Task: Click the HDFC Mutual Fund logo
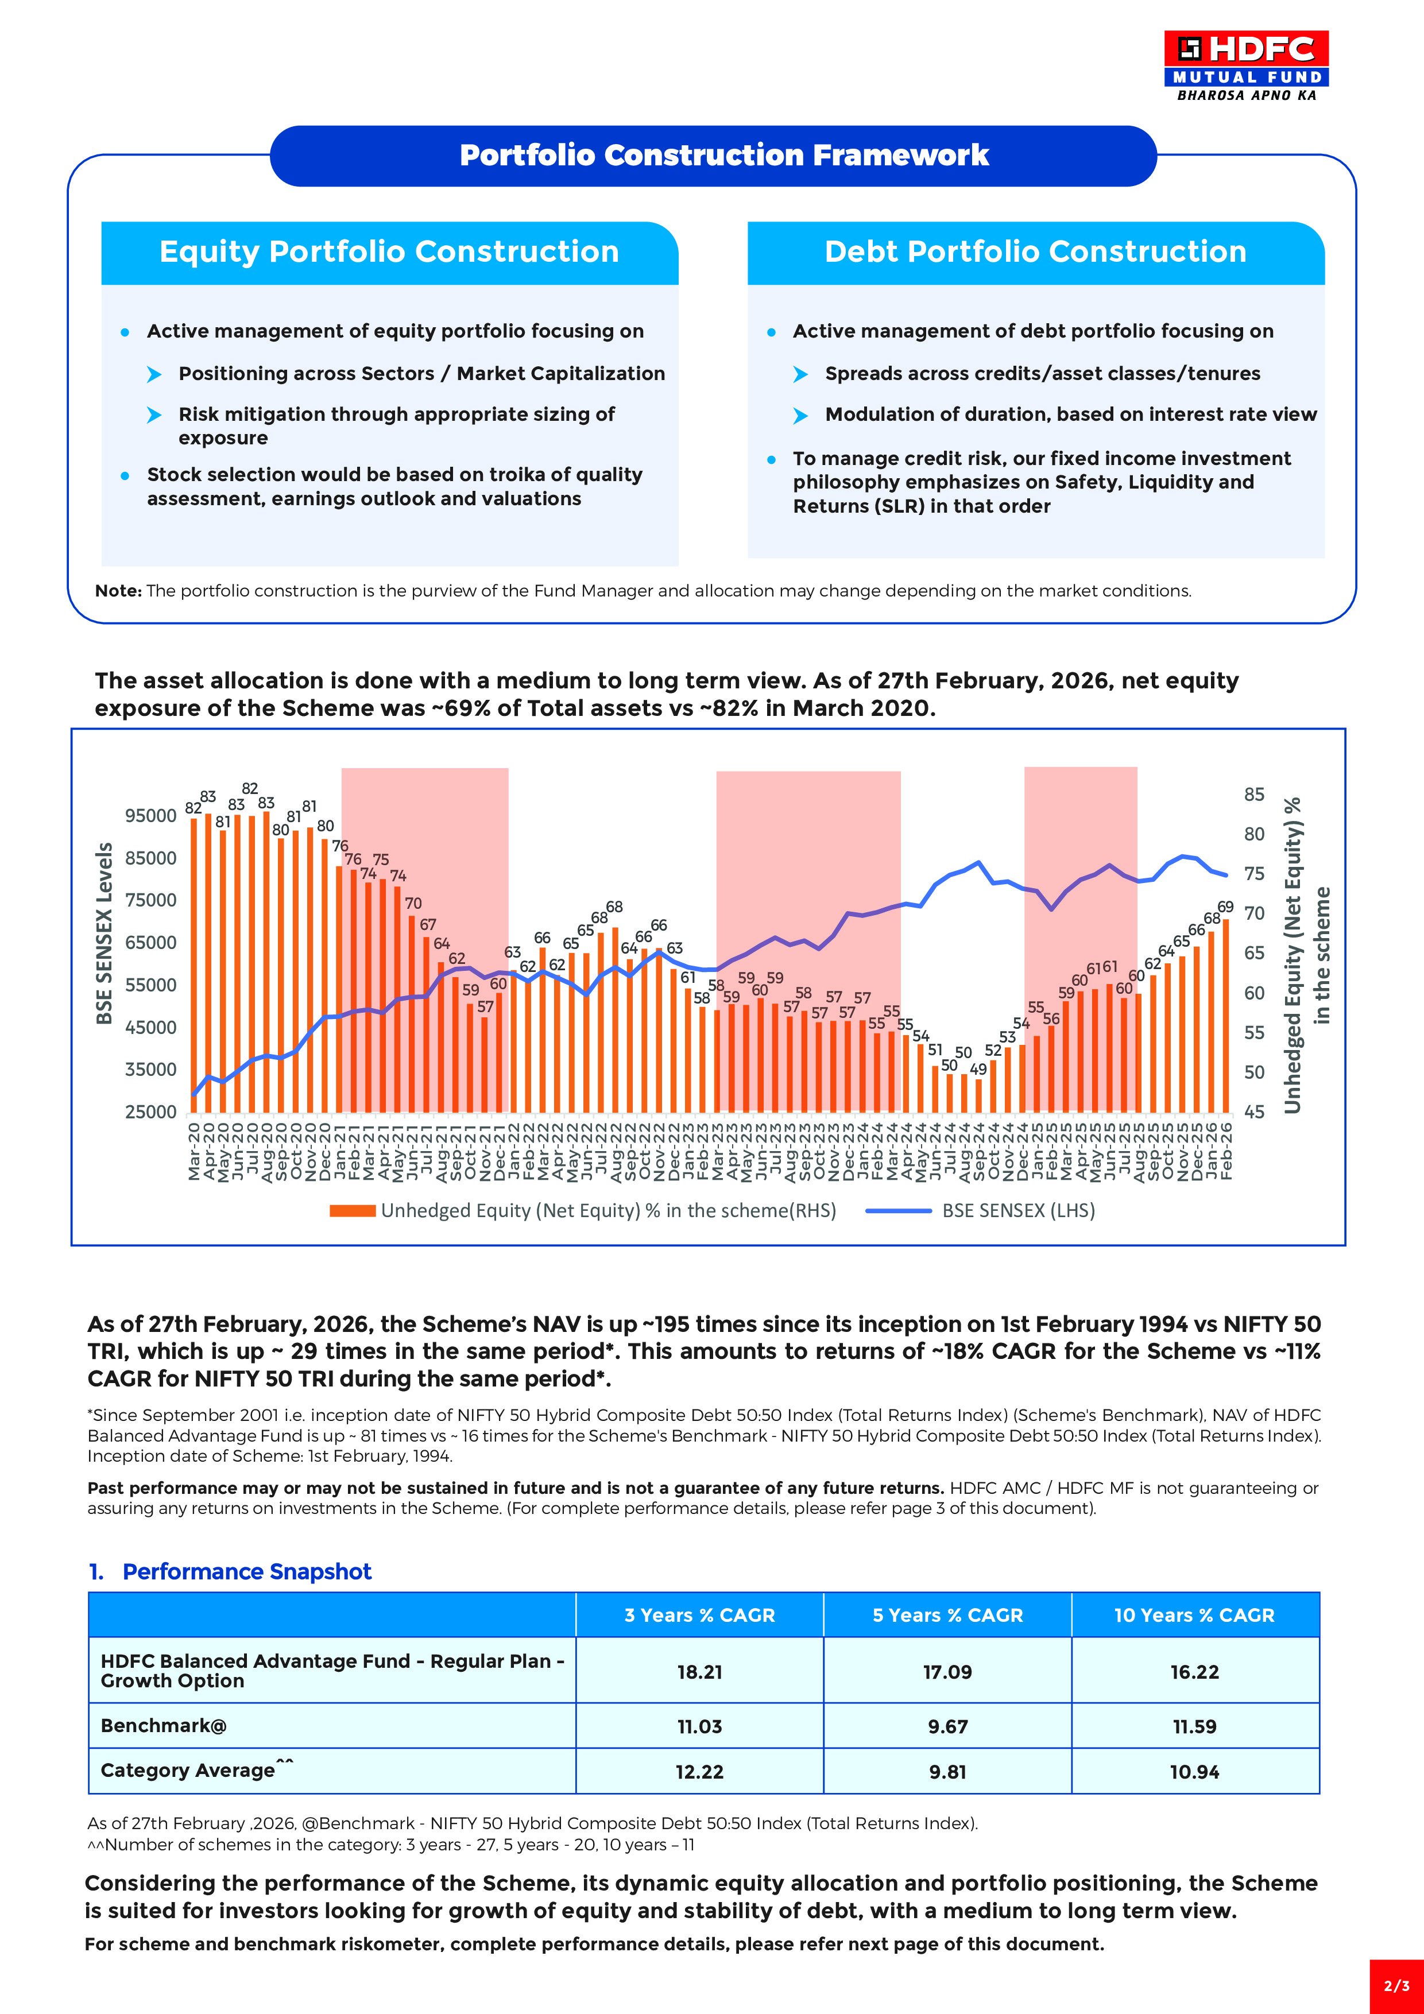point(1246,66)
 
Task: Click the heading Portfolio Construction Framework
point(724,155)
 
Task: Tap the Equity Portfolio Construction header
point(389,251)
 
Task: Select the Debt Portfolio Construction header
point(1035,251)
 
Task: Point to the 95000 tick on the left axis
point(151,816)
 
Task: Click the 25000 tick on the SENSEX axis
point(151,1111)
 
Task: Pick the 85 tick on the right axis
point(1254,795)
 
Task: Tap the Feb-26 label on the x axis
point(1226,1151)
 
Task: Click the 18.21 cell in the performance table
point(699,1672)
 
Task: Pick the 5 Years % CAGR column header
point(947,1615)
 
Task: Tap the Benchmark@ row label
point(164,1725)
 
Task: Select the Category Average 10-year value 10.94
point(1194,1772)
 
